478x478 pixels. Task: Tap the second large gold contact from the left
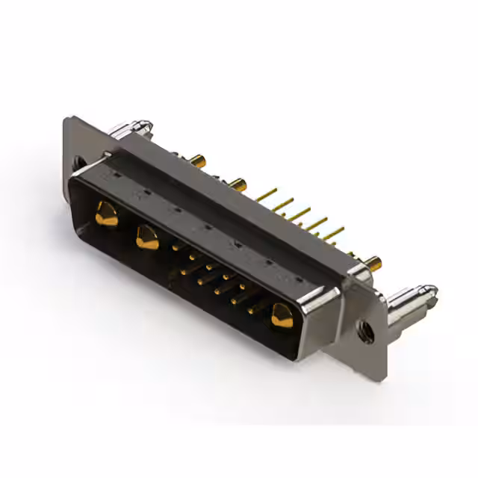coord(146,238)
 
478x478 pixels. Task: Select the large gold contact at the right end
coord(282,315)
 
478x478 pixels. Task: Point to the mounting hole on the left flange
coord(78,161)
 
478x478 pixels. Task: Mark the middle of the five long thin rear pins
coord(302,215)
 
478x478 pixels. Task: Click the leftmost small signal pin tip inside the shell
coord(176,246)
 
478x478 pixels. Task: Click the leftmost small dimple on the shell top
coord(110,173)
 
